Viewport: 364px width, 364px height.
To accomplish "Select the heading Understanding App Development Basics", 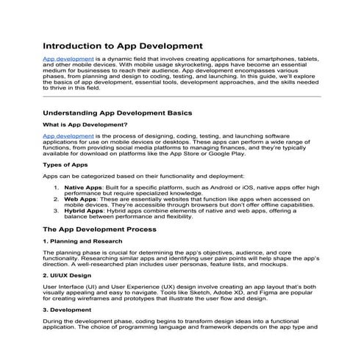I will click(x=118, y=113).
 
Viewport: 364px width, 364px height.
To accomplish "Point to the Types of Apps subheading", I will click(x=65, y=165).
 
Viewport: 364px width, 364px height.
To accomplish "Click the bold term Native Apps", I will click(x=83, y=188).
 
